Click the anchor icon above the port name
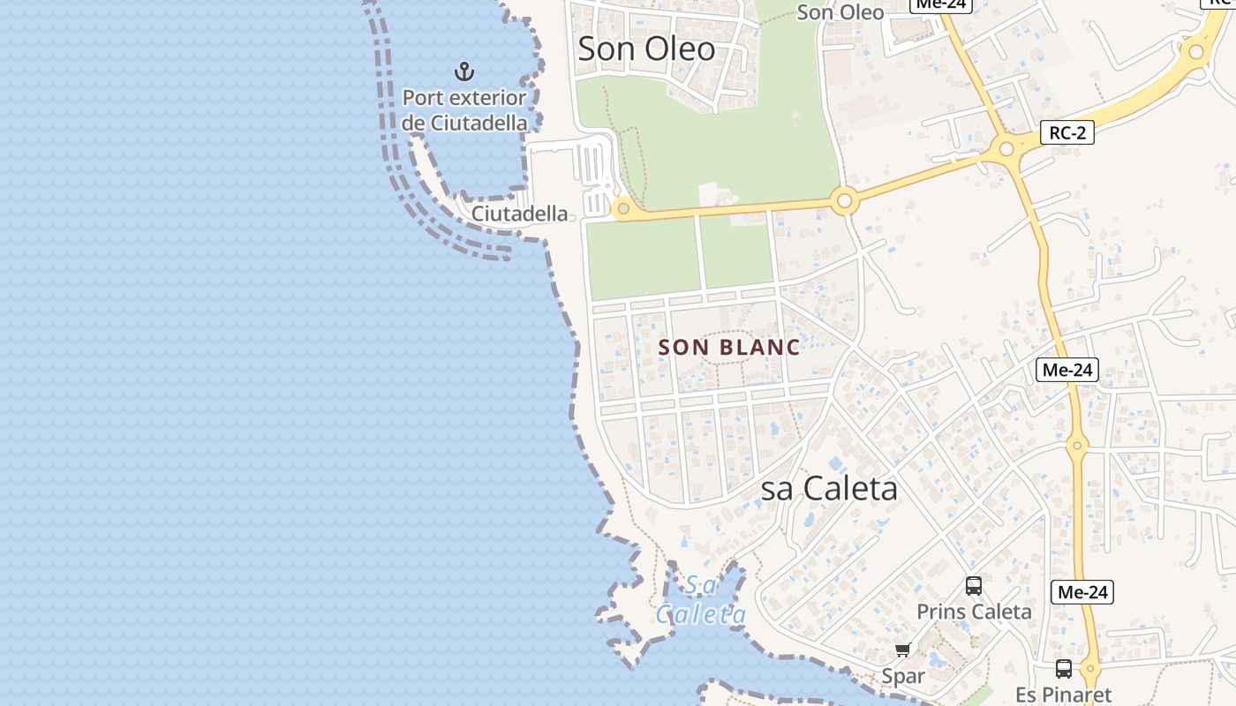point(463,71)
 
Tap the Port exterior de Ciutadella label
point(464,110)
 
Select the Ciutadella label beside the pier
point(519,214)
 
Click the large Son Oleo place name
point(646,49)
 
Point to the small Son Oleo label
point(840,12)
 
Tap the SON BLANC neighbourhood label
point(729,348)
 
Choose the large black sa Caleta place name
point(829,488)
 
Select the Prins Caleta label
point(974,612)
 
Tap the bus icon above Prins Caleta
point(974,585)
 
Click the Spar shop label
point(903,677)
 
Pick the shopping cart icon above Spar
point(902,650)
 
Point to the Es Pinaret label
point(1063,695)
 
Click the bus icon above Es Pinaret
point(1064,669)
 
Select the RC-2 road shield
point(1067,133)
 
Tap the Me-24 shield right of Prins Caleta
point(1082,592)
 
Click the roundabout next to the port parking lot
point(623,208)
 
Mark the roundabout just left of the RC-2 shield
point(1006,149)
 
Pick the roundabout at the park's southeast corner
point(844,201)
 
